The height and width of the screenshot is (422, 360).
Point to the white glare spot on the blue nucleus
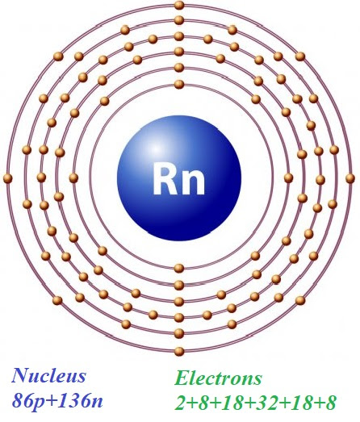click(x=155, y=148)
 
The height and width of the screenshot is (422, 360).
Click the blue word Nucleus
click(x=48, y=375)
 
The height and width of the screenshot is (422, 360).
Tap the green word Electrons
click(x=218, y=378)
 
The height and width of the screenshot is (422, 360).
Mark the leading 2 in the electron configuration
click(x=182, y=403)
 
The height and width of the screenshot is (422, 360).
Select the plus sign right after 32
click(x=284, y=403)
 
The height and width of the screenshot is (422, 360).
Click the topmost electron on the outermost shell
click(x=179, y=5)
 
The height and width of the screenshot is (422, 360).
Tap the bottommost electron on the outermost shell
click(x=179, y=351)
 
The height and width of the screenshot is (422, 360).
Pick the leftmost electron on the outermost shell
click(x=8, y=178)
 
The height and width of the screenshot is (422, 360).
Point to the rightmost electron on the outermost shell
click(x=350, y=178)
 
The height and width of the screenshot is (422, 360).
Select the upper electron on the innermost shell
click(x=179, y=84)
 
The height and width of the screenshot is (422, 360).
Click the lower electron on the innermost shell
click(x=179, y=269)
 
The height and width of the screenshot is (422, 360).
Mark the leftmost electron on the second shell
click(x=73, y=178)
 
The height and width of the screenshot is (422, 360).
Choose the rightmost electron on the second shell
click(x=288, y=178)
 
